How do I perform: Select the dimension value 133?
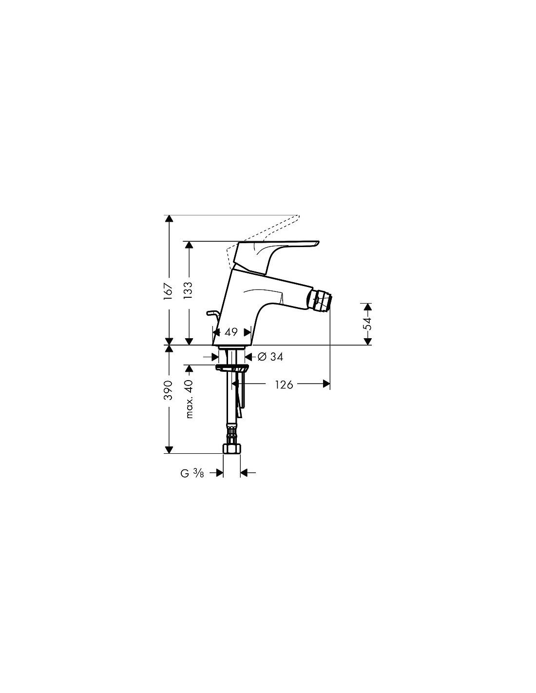[x=189, y=290]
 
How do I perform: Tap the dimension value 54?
[x=368, y=324]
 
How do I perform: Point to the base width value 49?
[x=231, y=332]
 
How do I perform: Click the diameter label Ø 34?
[x=270, y=357]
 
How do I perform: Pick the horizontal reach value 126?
[x=284, y=385]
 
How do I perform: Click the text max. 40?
[x=189, y=399]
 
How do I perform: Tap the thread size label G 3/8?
[x=192, y=473]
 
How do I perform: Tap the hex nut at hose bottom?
[x=231, y=448]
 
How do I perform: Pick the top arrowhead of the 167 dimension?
[x=169, y=219]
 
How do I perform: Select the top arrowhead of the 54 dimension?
[x=368, y=307]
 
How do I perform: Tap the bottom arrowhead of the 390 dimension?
[x=169, y=449]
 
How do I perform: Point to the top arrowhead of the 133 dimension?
[x=189, y=245]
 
